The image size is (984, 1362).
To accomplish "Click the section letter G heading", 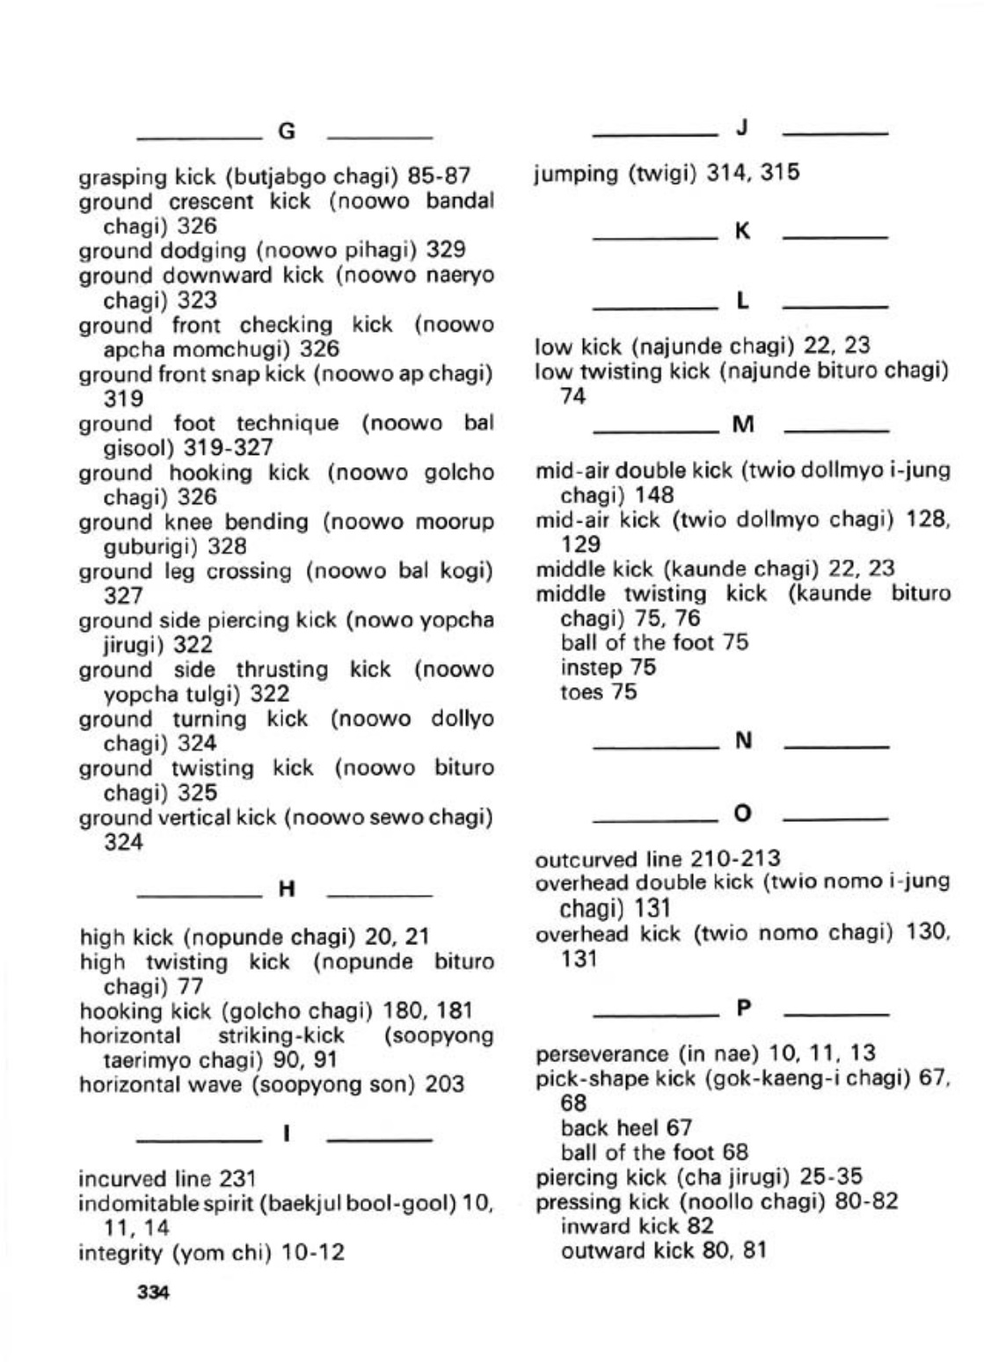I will click(287, 133).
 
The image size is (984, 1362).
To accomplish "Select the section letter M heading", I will click(743, 427).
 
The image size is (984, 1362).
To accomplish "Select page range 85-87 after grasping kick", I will click(441, 176).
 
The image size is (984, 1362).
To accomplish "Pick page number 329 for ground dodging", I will click(446, 251).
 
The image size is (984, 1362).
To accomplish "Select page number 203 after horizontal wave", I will click(445, 1085).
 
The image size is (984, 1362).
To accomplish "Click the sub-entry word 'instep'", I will click(583, 668).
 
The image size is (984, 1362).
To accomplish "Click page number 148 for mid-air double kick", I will click(654, 495).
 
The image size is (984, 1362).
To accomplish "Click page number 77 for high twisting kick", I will click(190, 986).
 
